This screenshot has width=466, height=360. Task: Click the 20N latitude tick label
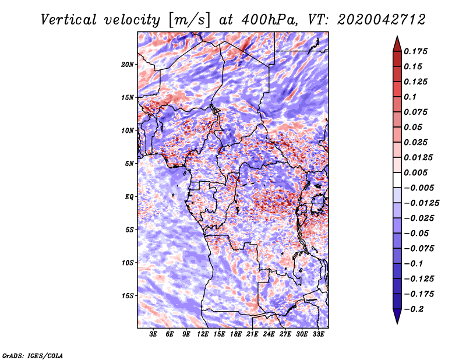point(128,65)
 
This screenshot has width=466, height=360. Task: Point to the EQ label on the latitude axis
point(129,197)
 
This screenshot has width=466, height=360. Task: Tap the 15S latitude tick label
point(128,296)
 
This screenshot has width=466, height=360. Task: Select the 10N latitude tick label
point(128,130)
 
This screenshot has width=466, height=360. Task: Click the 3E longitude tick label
point(153,334)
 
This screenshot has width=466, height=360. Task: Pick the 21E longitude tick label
point(252,334)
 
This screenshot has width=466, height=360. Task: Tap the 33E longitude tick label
point(318,334)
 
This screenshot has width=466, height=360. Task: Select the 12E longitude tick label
point(203,334)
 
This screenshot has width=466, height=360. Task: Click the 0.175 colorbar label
point(415,51)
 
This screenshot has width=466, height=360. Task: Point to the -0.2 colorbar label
point(414,309)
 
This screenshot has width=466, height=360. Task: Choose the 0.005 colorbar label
point(415,172)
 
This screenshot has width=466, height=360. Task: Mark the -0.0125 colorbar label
point(421,203)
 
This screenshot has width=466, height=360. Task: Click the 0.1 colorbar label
point(410,97)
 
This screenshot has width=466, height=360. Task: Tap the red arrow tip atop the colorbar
point(397,36)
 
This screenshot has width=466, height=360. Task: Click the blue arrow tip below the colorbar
point(397,323)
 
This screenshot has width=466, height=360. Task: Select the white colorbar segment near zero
point(397,180)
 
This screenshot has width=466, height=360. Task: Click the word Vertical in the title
point(69,20)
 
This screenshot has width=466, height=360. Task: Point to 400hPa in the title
point(269,20)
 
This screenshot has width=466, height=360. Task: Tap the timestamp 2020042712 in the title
point(382,20)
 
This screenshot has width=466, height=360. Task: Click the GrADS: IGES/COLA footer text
point(33,355)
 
